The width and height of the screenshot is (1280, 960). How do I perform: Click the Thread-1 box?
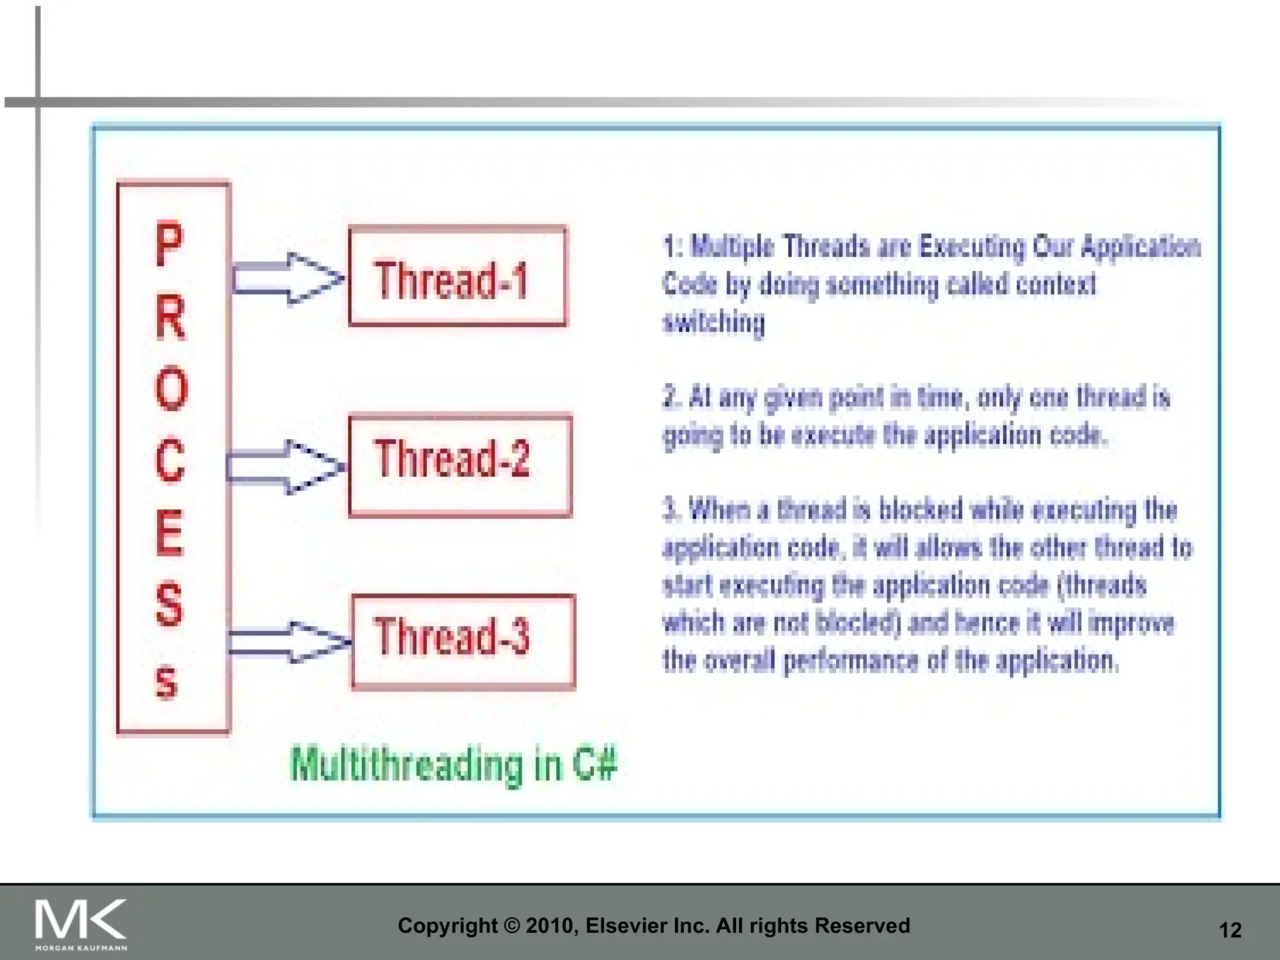(457, 277)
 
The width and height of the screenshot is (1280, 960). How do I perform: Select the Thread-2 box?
(460, 465)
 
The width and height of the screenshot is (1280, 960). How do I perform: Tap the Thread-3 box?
(463, 642)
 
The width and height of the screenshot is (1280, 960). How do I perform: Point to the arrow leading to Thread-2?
(286, 467)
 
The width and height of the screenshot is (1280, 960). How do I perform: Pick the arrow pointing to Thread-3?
(289, 642)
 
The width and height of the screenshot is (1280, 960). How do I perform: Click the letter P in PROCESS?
(170, 244)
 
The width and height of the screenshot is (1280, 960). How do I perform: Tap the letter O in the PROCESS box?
(171, 389)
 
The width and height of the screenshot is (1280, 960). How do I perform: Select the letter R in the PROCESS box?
(171, 317)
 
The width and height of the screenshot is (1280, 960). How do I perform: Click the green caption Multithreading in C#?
(454, 764)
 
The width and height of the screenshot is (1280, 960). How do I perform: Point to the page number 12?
(1230, 930)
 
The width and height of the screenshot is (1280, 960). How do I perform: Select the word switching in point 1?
(714, 322)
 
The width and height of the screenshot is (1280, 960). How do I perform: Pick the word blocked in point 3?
(921, 510)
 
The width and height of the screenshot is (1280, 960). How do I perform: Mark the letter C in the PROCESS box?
(171, 461)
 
